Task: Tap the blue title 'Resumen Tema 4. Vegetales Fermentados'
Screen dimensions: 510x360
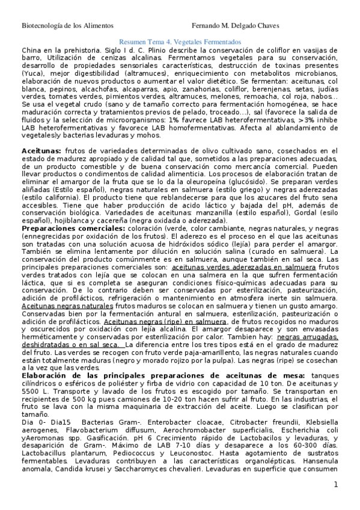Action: click(x=180, y=41)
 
